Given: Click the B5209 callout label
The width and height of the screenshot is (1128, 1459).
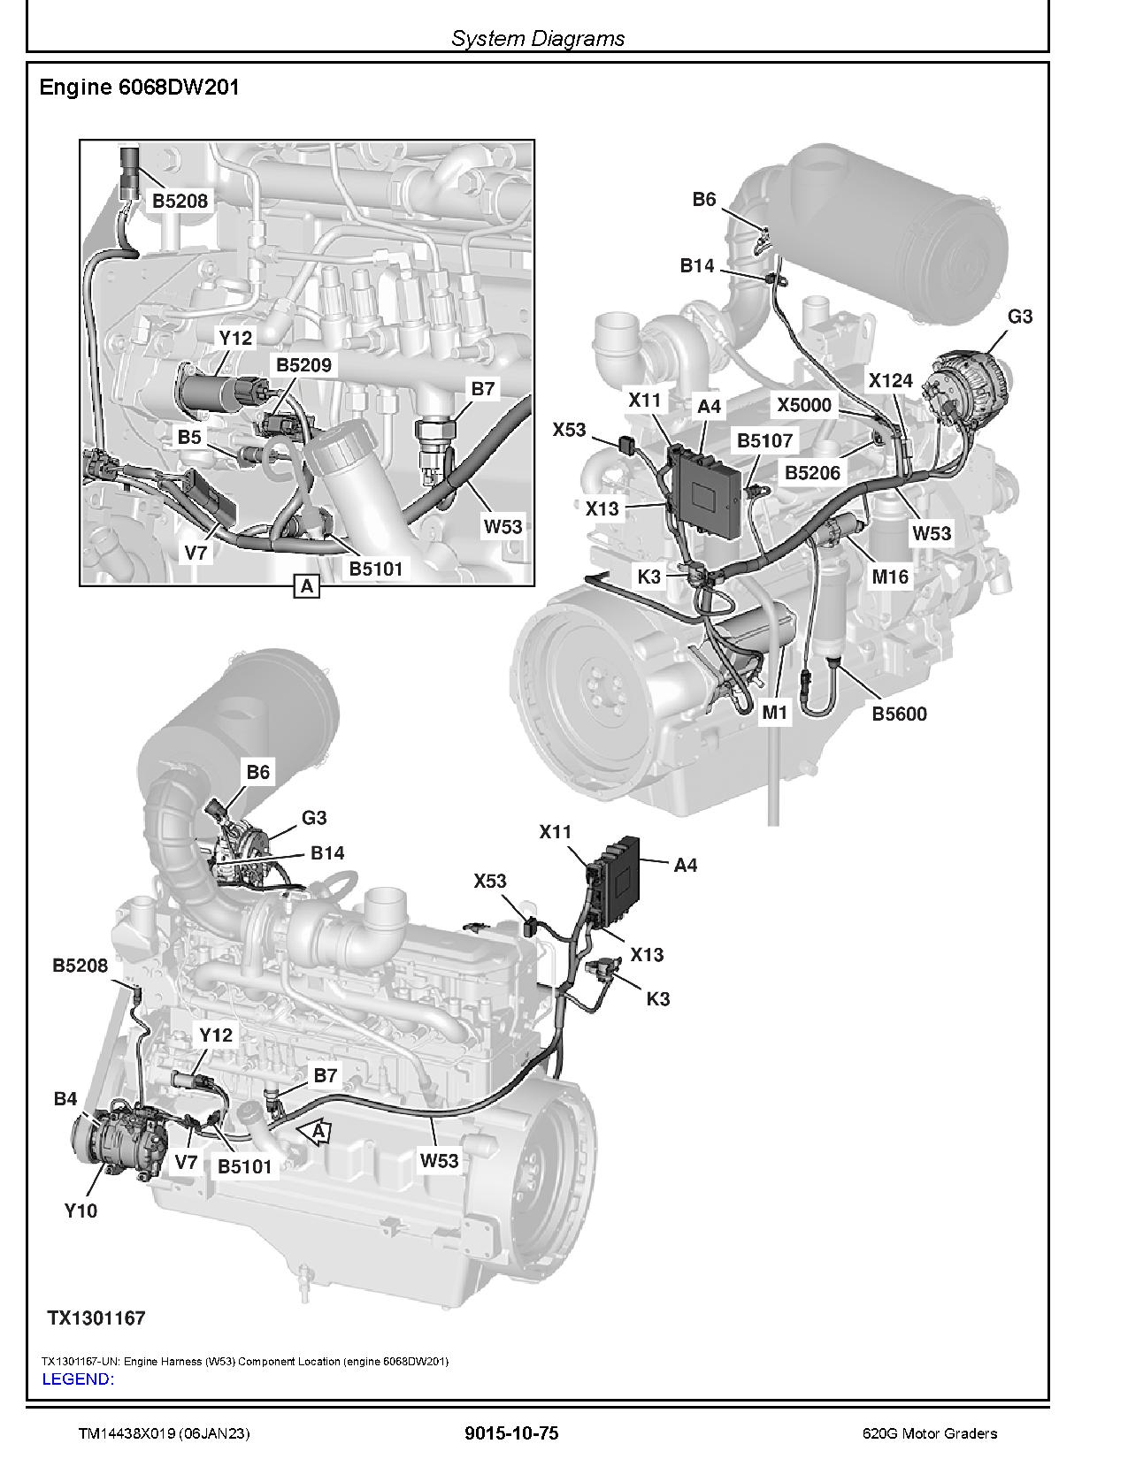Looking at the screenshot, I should pos(303,365).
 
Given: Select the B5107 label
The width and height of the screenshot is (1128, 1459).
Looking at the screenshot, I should pos(765,440).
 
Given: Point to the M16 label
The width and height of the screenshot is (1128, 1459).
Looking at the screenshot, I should pos(890,577).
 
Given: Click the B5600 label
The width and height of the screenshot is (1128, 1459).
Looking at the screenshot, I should pos(899,714).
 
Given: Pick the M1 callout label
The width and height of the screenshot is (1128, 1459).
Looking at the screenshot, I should pos(775,712).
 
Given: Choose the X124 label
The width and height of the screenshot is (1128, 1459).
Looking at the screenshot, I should pos(890,381).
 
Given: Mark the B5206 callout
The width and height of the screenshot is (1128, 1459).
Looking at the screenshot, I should pos(812,473).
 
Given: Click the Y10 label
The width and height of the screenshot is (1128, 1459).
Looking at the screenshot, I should pos(81,1211).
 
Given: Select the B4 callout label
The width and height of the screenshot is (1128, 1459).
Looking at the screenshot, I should pos(65,1099).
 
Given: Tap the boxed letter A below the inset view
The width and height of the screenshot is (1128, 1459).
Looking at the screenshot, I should pos(306,585).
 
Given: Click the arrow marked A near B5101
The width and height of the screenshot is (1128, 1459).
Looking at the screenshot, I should pos(315,1132).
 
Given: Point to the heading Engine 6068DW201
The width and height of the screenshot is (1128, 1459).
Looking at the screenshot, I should pos(140,88).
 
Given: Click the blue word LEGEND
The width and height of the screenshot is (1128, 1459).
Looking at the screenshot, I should pos(78,1379).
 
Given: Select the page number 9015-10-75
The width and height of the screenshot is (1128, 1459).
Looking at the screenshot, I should pos(511,1433).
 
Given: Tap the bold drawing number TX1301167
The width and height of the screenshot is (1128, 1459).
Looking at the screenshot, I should pos(96,1318).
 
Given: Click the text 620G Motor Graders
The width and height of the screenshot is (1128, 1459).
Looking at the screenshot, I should pos(930,1433).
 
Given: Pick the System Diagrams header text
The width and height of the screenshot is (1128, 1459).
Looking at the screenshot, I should pos(538,38).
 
